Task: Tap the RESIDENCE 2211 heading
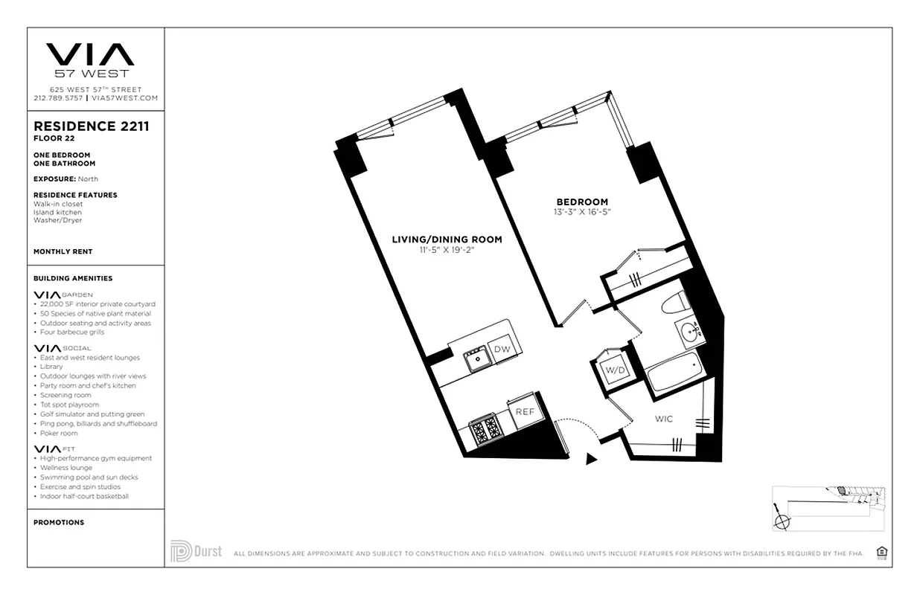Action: click(x=91, y=126)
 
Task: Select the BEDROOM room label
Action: click(x=582, y=202)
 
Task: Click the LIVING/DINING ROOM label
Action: click(x=447, y=239)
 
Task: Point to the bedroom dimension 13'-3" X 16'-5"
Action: click(x=582, y=212)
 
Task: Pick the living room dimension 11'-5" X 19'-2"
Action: click(x=447, y=250)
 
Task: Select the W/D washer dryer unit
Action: click(x=614, y=370)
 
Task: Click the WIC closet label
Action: click(x=664, y=419)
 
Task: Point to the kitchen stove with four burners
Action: click(x=487, y=429)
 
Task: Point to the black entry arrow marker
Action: click(x=592, y=459)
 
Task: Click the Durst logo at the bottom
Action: click(x=196, y=551)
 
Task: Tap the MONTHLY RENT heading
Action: click(x=63, y=252)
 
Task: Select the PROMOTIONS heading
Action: click(x=59, y=523)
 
